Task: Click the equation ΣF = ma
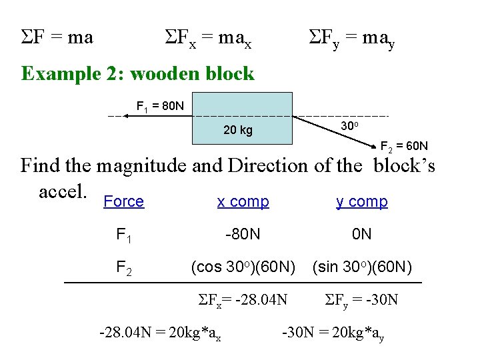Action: point(57,37)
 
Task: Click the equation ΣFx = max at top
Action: point(207,39)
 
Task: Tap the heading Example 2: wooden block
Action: point(137,73)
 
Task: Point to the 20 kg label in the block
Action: point(237,130)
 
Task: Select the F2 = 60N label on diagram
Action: point(403,146)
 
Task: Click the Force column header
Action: point(124,202)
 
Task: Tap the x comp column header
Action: point(243,202)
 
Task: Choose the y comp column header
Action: point(362,202)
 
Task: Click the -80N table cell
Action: point(243,235)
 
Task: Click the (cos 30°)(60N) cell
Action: point(243,267)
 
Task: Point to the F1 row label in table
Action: point(123,235)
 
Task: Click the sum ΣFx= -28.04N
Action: point(243,300)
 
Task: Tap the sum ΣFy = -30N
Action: point(361,300)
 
